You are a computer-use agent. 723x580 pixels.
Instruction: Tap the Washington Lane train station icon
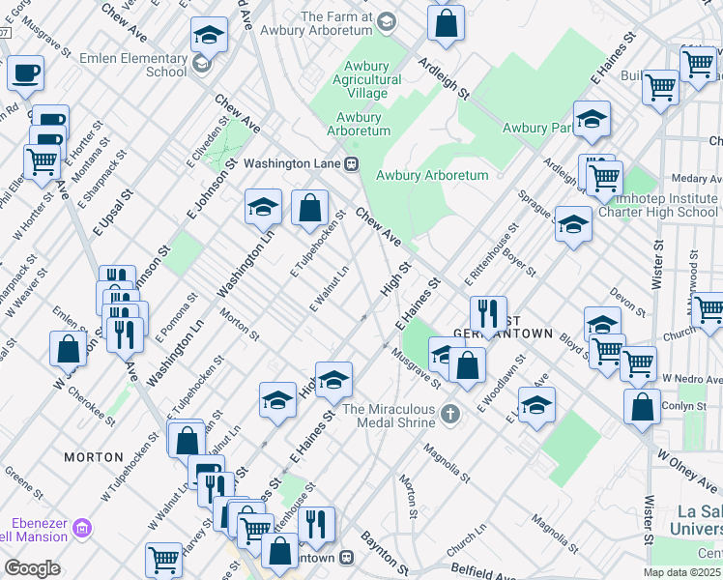click(353, 163)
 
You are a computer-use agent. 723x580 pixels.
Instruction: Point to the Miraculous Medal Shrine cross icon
click(448, 415)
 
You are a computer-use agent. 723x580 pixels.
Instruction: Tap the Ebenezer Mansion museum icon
click(82, 528)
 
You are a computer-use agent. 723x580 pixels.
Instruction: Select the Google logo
click(32, 568)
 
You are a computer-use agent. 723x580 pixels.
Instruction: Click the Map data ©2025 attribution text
click(681, 572)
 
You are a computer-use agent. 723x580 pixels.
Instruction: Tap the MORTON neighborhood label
click(94, 456)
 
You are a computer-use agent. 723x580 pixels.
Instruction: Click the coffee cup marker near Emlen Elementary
click(26, 72)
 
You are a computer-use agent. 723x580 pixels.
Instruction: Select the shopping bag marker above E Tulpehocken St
click(309, 208)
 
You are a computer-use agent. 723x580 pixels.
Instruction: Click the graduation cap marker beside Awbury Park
click(592, 120)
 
